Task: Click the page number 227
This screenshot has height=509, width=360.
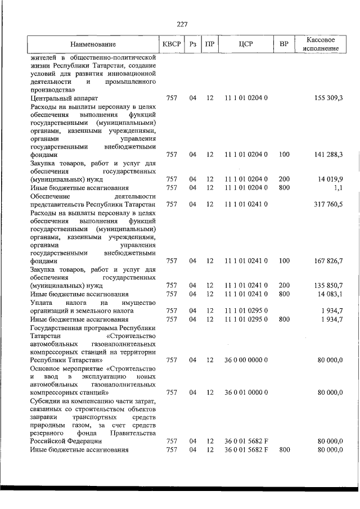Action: point(182,24)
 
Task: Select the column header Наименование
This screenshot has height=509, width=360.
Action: point(93,44)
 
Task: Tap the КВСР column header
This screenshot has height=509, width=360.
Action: point(172,43)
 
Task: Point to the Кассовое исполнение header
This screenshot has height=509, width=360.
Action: point(322,44)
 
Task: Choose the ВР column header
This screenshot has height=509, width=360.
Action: point(284,43)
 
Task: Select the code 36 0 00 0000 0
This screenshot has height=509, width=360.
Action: point(246,359)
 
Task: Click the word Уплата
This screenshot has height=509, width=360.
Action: point(42,302)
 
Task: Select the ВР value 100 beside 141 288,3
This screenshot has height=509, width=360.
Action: point(284,154)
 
